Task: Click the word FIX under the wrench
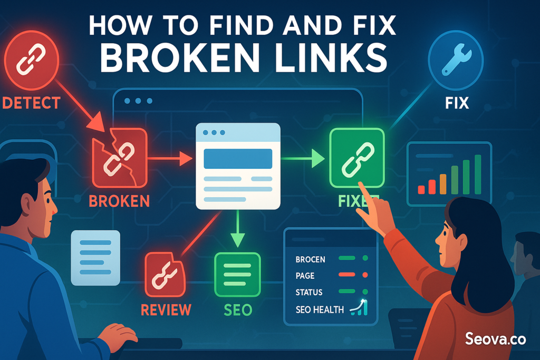click(456, 102)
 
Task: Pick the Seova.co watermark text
click(495, 339)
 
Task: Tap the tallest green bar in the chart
click(478, 174)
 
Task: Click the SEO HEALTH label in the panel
click(320, 310)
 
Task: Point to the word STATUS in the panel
click(309, 292)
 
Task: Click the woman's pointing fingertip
click(361, 185)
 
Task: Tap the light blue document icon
click(95, 257)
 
